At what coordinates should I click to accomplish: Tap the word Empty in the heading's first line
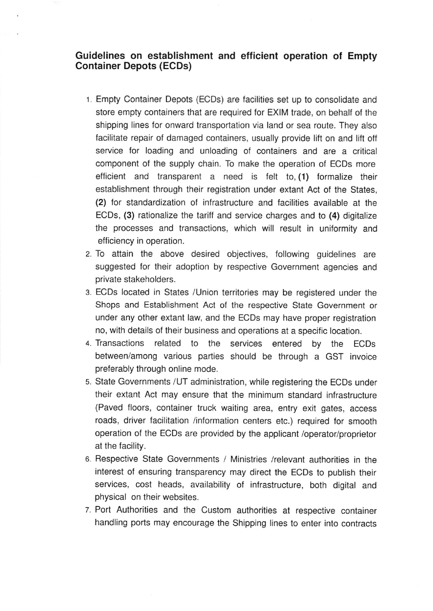[362, 56]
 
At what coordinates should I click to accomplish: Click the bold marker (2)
[101, 202]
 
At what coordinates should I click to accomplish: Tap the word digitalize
[360, 215]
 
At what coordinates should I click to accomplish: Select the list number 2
[88, 254]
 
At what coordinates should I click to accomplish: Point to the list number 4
[88, 344]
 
